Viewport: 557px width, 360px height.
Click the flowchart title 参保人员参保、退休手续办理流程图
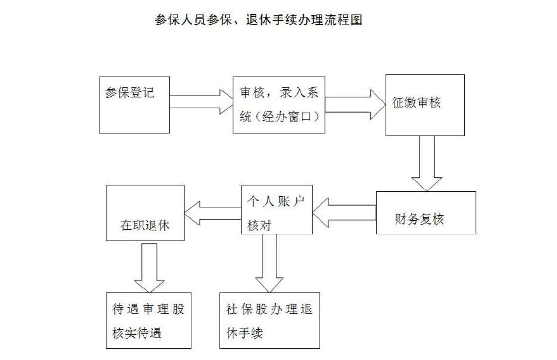258,20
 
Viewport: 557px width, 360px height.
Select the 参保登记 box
134,104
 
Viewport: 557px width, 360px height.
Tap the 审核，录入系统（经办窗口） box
279,105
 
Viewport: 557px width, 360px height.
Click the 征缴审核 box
424,105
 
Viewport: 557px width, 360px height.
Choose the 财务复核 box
426,213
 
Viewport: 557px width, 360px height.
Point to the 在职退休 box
145,213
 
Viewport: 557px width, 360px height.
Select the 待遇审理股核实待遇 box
148,320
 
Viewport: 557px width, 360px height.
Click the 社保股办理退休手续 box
269,320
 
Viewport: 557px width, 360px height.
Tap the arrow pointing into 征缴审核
356,105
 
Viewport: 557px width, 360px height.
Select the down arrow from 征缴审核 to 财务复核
426,163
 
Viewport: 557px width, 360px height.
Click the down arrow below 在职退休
149,268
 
